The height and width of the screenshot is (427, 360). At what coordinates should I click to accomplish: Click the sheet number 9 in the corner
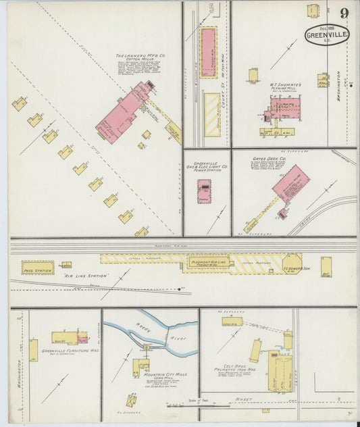pyautogui.click(x=345, y=13)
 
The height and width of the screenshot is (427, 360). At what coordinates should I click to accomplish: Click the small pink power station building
pyautogui.click(x=203, y=191)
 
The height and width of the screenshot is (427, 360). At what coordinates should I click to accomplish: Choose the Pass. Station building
pyautogui.click(x=37, y=268)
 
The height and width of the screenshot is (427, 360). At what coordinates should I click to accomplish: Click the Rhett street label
pyautogui.click(x=242, y=400)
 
